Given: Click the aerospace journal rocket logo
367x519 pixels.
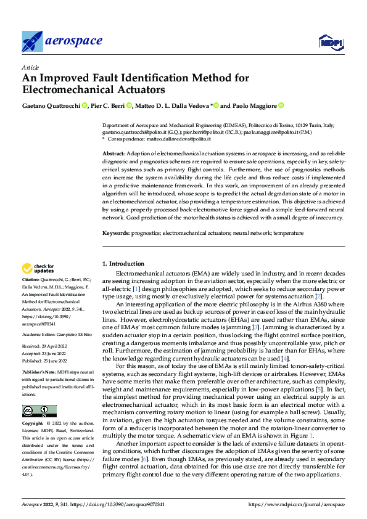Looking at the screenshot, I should pos(32,41).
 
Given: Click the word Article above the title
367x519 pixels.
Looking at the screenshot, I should pos(30,67).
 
